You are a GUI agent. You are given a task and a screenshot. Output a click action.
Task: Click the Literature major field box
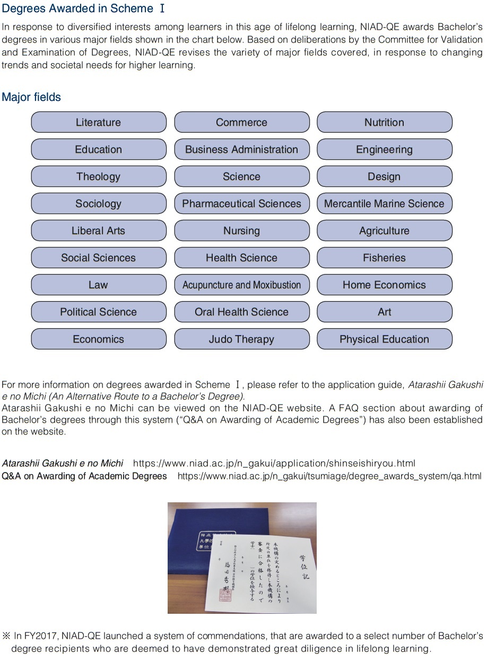tap(98, 122)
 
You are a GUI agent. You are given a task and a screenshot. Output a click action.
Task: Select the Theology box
tap(98, 176)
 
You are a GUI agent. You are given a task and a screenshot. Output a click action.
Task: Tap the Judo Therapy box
tap(241, 339)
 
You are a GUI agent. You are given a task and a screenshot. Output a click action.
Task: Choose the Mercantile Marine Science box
tap(384, 203)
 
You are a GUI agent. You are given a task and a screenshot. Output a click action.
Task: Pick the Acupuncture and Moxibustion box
tap(241, 285)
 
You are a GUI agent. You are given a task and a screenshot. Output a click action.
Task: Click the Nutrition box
tap(384, 122)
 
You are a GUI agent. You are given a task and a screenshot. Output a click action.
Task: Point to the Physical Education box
tap(384, 339)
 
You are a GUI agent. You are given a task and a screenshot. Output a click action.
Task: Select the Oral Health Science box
tap(241, 312)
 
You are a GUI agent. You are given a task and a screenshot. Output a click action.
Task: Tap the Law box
tap(98, 285)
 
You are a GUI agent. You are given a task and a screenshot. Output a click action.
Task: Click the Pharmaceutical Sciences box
tap(241, 203)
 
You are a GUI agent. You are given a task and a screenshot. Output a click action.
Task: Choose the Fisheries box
tap(384, 258)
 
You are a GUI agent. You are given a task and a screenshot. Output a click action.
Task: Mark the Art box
tap(384, 312)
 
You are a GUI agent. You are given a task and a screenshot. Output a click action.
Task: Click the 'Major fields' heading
tap(31, 97)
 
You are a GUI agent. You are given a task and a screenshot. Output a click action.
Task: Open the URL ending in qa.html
tap(329, 476)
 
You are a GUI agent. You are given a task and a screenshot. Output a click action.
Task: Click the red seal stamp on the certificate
tap(227, 595)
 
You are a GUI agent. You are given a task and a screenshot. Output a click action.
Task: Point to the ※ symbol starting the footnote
tap(6, 636)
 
